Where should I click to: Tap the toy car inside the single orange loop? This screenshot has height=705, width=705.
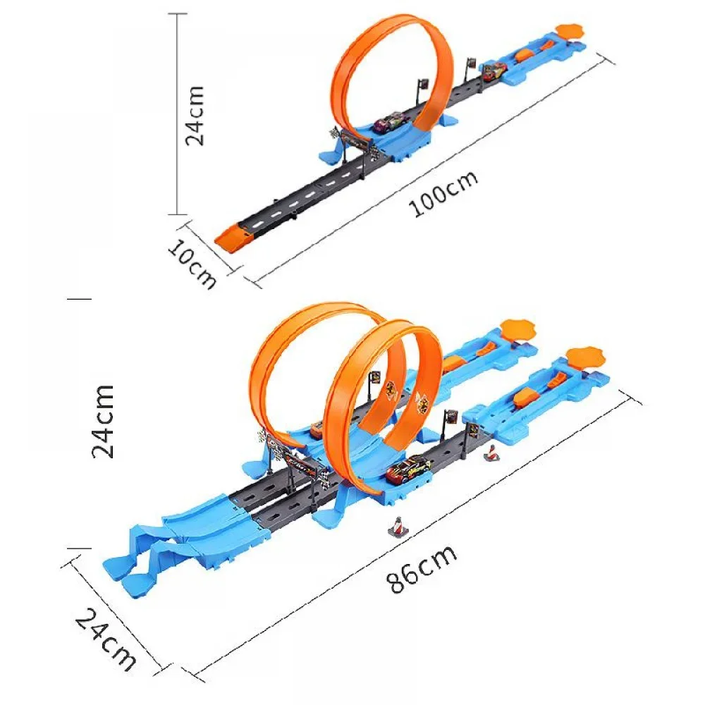(x=385, y=124)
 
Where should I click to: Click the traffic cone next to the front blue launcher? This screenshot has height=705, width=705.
(x=491, y=454)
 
